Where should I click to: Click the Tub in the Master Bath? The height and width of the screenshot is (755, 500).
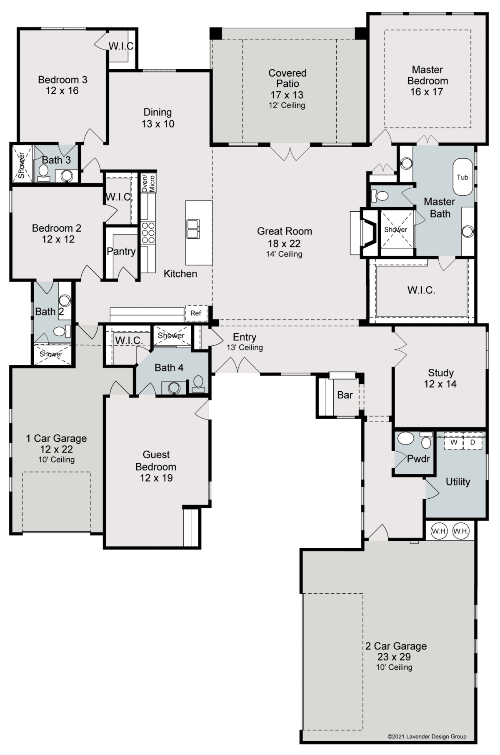[462, 177]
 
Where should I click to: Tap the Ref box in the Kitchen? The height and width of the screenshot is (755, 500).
[196, 313]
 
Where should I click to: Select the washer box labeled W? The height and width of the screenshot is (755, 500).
[454, 442]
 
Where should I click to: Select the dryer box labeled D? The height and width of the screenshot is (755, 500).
[472, 442]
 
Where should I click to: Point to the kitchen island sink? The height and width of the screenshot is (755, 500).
[193, 229]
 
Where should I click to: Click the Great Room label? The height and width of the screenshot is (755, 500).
[284, 231]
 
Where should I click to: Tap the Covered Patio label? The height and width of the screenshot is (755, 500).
[287, 78]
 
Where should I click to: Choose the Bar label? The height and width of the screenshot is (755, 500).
[345, 395]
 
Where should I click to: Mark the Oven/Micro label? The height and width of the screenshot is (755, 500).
[148, 183]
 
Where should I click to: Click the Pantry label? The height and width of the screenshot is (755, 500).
[121, 251]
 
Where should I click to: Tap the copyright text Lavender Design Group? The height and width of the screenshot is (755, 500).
[427, 736]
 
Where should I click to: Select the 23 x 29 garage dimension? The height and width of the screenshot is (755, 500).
[394, 657]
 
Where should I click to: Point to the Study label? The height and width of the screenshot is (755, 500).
[440, 373]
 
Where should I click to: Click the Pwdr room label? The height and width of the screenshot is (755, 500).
[418, 459]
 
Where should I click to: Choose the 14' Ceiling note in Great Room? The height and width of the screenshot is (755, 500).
[284, 254]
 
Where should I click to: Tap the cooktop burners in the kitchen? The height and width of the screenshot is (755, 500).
[148, 232]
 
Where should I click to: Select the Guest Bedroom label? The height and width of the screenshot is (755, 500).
[156, 460]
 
